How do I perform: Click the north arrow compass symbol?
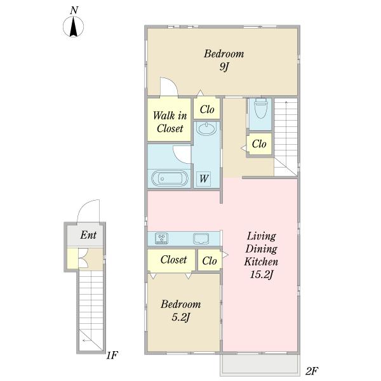74,27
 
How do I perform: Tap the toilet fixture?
260,108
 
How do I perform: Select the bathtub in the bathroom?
170,178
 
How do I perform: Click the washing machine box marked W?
204,179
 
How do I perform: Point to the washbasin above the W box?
206,129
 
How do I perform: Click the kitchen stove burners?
161,238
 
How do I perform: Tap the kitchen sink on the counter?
201,238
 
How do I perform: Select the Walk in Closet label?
170,122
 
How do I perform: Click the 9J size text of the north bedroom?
224,67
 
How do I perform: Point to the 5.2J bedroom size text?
180,317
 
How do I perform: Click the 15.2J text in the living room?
262,274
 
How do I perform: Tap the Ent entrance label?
88,235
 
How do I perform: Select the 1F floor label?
112,355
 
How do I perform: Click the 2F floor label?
312,371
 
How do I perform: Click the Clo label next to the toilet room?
259,144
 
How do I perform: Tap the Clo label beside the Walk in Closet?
207,109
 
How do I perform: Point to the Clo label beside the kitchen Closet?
210,261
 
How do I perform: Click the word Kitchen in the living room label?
261,262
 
